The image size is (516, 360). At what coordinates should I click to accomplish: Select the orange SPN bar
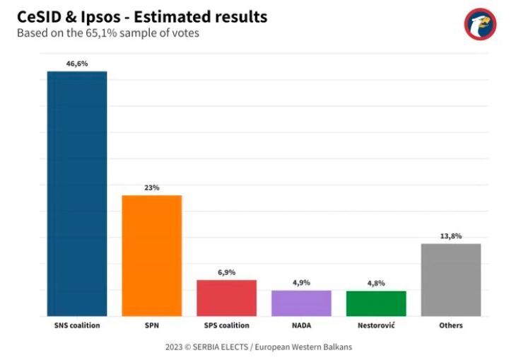pyautogui.click(x=152, y=255)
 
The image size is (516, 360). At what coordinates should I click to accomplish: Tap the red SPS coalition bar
pyautogui.click(x=226, y=298)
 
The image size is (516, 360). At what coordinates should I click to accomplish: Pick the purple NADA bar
pyautogui.click(x=301, y=303)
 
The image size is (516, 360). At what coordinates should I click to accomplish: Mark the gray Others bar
pyautogui.click(x=451, y=279)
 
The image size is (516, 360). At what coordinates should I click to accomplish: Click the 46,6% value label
pyautogui.click(x=77, y=63)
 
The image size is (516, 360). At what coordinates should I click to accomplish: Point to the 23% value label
pyautogui.click(x=152, y=187)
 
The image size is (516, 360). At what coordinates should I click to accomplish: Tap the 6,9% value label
pyautogui.click(x=226, y=272)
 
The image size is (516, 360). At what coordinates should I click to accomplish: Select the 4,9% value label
pyautogui.click(x=301, y=282)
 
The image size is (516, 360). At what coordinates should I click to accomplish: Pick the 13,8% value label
pyautogui.click(x=451, y=236)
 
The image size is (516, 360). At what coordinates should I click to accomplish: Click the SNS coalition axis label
pyautogui.click(x=77, y=325)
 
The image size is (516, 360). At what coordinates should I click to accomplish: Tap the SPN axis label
pyautogui.click(x=152, y=325)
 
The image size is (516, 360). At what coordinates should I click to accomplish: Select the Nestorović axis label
pyautogui.click(x=376, y=325)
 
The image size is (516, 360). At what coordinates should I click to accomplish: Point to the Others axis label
pyautogui.click(x=451, y=325)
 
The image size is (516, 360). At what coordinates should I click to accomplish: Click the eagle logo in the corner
pyautogui.click(x=481, y=24)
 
